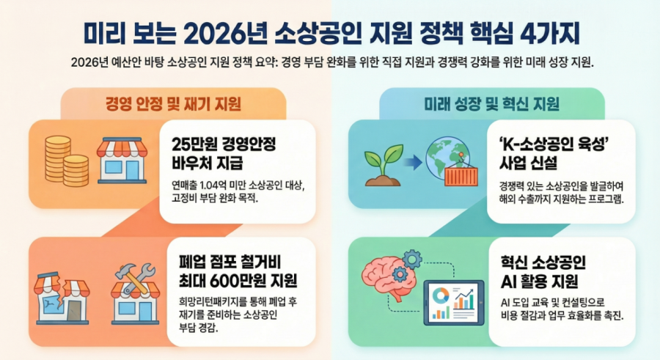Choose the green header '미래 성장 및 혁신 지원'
tap(491, 103)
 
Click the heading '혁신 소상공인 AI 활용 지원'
tap(543, 272)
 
